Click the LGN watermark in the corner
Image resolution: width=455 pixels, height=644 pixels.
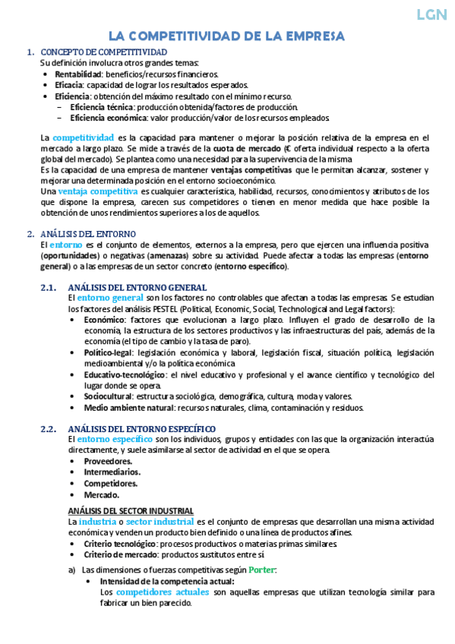click(434, 15)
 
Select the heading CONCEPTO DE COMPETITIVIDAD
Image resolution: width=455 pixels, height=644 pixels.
click(104, 52)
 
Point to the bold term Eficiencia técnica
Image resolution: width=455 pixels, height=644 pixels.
click(96, 107)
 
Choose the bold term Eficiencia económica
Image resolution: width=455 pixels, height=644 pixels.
click(102, 118)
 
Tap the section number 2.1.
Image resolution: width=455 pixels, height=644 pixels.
click(49, 288)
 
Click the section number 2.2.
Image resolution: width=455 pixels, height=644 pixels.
click(49, 429)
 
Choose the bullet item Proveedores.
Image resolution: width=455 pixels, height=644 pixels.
click(108, 462)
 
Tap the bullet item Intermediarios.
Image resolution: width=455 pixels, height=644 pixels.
click(112, 472)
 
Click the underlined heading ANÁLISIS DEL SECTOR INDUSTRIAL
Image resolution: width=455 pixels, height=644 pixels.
click(131, 510)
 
